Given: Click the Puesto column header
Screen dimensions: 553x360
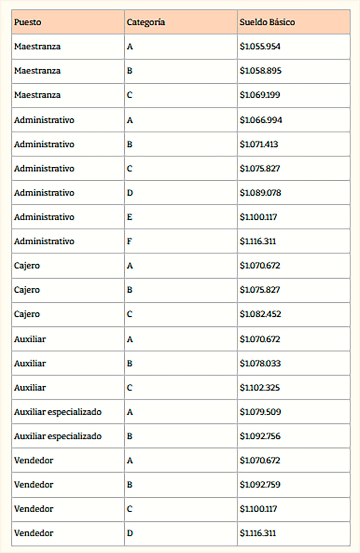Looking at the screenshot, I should [x=28, y=22].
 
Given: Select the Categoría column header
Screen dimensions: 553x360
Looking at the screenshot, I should [x=146, y=22].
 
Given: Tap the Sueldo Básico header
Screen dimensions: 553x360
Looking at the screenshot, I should [x=267, y=22].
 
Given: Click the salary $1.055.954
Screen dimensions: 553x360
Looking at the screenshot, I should [x=260, y=47].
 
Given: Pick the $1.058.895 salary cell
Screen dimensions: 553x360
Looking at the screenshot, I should [x=260, y=71].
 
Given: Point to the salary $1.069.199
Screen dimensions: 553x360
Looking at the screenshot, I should [x=260, y=95].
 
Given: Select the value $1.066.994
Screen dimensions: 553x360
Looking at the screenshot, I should [x=261, y=120].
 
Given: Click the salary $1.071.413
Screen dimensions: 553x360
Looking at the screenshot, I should [x=259, y=144].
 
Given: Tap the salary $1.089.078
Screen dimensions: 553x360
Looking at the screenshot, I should [x=260, y=193].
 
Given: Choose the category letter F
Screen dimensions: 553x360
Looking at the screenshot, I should [x=129, y=242].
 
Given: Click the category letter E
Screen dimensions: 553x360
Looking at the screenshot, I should [x=130, y=217].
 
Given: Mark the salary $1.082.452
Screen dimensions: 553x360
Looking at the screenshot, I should [x=260, y=314].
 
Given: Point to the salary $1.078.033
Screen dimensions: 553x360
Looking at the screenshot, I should [x=260, y=363].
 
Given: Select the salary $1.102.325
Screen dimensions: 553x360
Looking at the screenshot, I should [x=260, y=388].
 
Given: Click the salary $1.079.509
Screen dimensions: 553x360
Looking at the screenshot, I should [x=260, y=412].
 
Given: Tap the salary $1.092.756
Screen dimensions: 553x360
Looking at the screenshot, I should [x=260, y=436].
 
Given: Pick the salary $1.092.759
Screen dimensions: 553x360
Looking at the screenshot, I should [x=260, y=485].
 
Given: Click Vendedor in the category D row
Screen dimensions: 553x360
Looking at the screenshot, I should [x=34, y=533].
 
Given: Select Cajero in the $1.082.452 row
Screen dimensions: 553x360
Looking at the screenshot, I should [x=27, y=314].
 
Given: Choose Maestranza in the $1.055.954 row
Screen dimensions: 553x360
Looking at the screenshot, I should [x=37, y=47].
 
